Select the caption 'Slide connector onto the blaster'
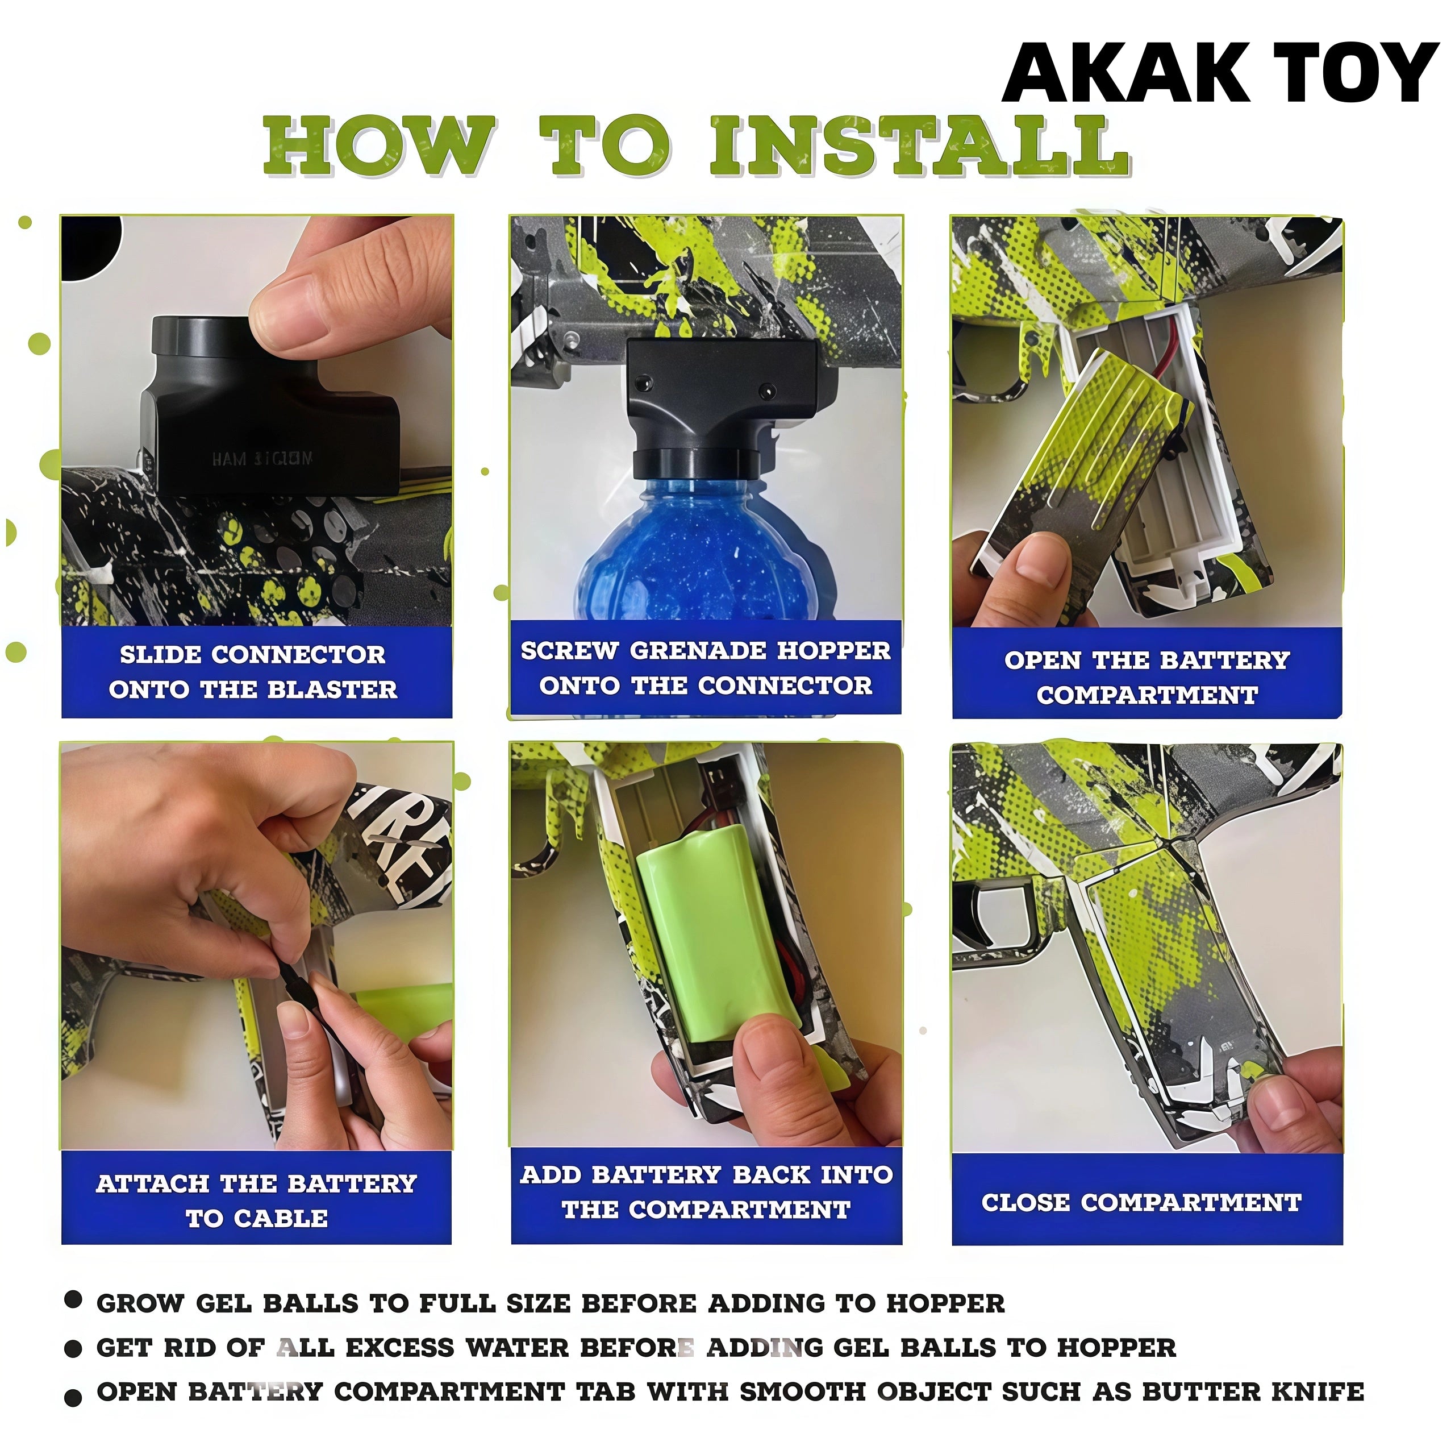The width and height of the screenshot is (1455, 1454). [x=253, y=672]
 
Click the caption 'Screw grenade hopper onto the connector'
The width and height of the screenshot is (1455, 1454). [x=706, y=667]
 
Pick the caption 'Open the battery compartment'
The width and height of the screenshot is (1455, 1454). [x=1147, y=676]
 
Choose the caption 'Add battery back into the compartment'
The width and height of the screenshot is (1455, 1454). [x=706, y=1192]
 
